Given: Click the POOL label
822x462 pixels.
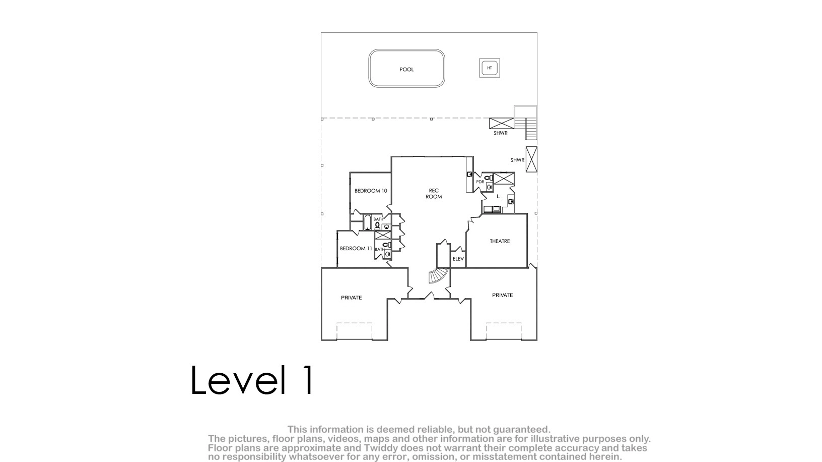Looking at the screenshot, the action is point(406,70).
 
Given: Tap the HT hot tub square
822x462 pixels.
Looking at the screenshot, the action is point(489,68).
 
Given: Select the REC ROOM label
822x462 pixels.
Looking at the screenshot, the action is point(433,193).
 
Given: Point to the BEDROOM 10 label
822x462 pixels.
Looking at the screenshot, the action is point(371,191).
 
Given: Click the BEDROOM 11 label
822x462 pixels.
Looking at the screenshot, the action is point(356,249).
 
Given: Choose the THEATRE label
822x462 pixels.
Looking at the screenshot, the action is point(500,241).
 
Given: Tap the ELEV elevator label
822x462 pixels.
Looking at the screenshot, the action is point(458,259).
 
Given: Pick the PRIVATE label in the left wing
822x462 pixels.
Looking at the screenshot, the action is point(351,298).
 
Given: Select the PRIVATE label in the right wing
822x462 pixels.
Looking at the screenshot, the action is point(502,295).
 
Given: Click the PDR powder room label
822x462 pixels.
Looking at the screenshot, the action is point(480,182).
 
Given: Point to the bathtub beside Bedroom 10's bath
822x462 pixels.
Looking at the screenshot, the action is point(367,222).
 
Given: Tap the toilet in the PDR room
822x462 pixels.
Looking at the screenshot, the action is point(488,178).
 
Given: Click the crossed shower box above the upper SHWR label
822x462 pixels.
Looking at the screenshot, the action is point(502,123).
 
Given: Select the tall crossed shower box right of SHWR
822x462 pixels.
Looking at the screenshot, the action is point(531,159).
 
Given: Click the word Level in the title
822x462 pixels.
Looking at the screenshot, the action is point(238,380).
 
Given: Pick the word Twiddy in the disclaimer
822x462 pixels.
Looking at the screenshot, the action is point(381,448).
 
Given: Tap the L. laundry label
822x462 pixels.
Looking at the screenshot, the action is point(498,197).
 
